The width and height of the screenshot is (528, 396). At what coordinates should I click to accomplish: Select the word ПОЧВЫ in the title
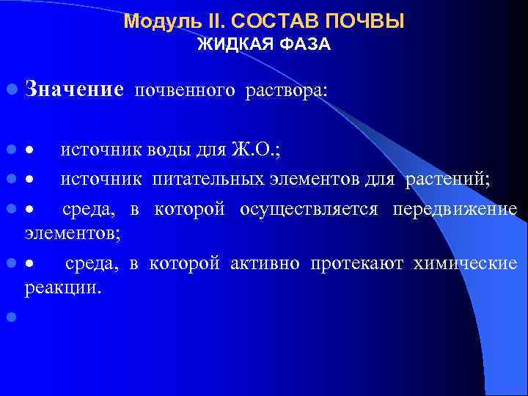click(367, 21)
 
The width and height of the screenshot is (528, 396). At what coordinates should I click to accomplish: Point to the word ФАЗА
click(303, 45)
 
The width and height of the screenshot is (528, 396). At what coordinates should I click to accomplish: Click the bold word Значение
click(73, 90)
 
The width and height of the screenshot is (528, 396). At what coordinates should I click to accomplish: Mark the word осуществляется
click(309, 210)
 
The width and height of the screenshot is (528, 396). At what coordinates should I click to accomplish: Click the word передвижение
click(455, 210)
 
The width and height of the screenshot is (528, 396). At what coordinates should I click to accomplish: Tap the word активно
click(265, 263)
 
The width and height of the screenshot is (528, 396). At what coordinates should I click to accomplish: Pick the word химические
click(466, 263)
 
